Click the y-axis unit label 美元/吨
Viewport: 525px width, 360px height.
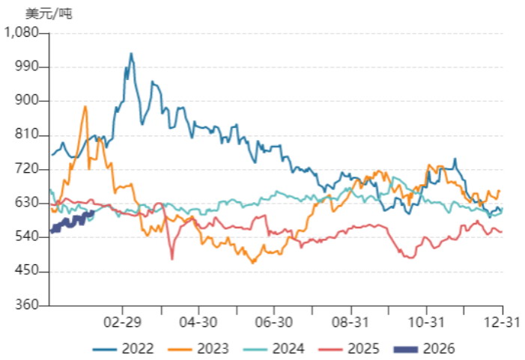click(49, 13)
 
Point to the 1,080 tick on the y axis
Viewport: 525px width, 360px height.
click(21, 32)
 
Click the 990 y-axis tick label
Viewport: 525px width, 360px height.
click(26, 67)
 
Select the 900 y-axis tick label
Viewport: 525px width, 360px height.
click(26, 100)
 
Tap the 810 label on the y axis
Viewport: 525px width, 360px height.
click(26, 135)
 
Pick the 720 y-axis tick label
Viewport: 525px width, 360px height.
click(26, 168)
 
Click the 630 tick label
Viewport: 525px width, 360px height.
click(26, 203)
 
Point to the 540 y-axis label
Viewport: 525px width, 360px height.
click(26, 237)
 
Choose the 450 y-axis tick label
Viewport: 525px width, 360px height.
click(26, 271)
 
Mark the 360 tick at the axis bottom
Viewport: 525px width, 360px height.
click(26, 305)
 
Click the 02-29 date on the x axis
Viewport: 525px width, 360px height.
click(123, 322)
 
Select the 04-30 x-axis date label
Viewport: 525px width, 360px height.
click(198, 322)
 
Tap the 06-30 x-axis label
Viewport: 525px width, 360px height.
click(274, 322)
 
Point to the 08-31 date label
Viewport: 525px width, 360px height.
click(350, 322)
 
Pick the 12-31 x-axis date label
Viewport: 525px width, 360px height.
click(503, 322)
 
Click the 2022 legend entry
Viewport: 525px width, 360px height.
click(124, 349)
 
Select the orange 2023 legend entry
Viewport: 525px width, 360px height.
click(198, 349)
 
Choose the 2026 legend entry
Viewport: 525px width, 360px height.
click(425, 349)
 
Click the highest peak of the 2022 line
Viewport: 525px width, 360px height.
click(131, 54)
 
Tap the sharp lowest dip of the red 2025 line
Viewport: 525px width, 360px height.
click(172, 259)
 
